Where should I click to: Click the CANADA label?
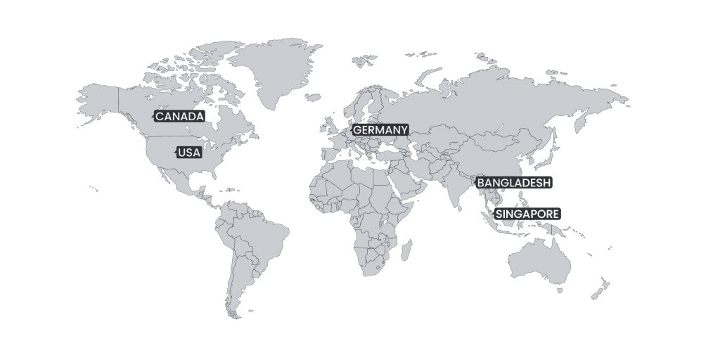[179, 116]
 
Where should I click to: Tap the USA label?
[188, 153]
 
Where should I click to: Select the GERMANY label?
[380, 130]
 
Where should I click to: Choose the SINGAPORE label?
[528, 213]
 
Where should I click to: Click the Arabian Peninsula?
[415, 186]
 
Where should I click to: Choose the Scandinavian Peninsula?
[362, 105]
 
